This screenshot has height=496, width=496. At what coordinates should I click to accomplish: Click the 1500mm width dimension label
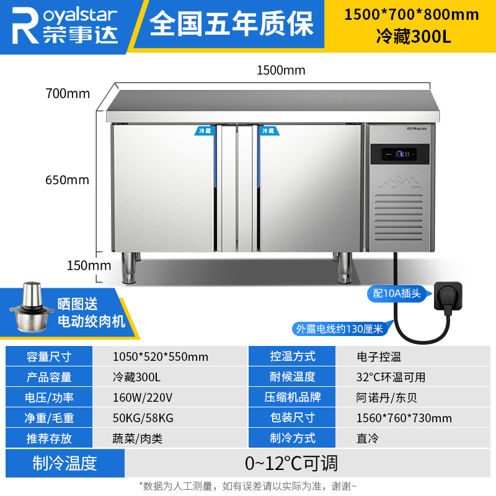coord(281,70)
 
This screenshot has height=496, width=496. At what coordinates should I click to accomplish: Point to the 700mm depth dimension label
coord(68,94)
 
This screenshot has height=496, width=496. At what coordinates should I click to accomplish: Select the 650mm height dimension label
coord(68,180)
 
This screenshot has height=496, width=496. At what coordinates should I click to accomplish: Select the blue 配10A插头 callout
coord(397,293)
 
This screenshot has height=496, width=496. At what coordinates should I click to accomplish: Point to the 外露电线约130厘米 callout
coord(339,329)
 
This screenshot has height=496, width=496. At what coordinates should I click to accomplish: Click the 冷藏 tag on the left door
coord(205,131)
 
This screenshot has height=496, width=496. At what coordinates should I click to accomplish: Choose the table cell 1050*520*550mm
coord(161,356)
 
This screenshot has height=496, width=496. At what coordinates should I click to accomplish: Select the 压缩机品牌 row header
coord(293,397)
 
